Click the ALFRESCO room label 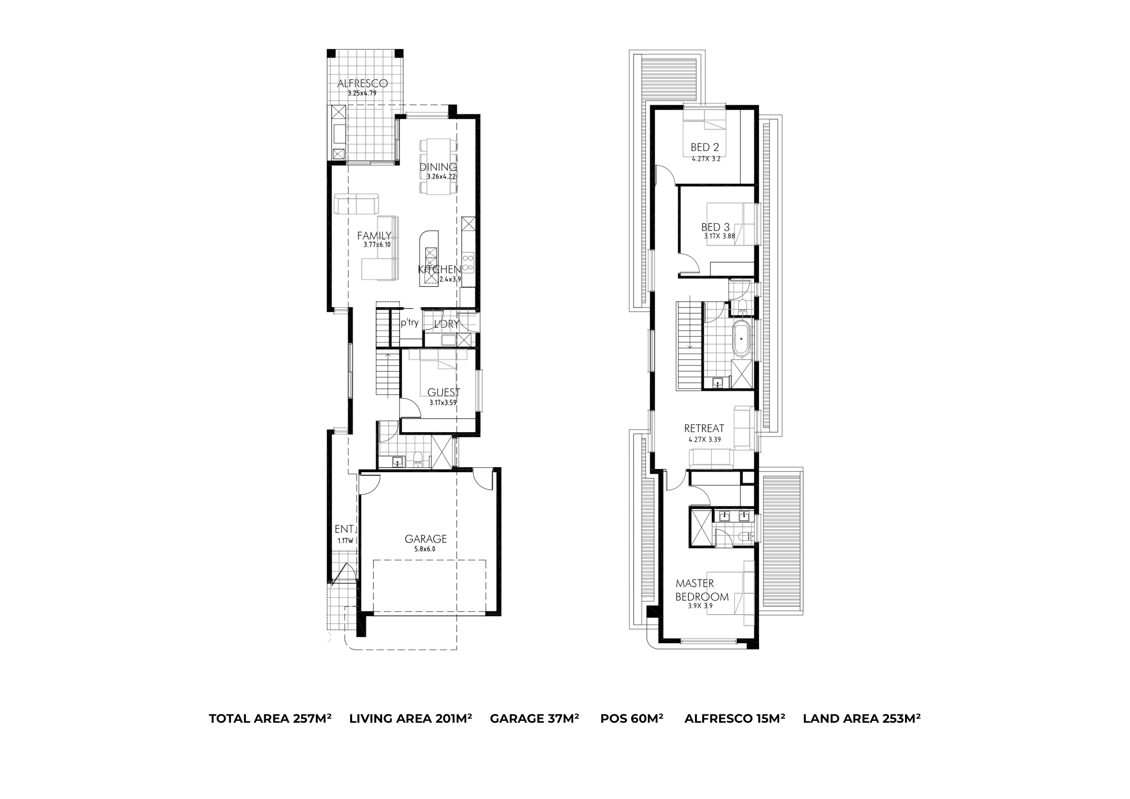[x=362, y=83]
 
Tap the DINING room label [x=438, y=167]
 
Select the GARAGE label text [x=426, y=539]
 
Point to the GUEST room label [x=443, y=392]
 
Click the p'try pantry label [x=410, y=323]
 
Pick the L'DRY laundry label [x=446, y=324]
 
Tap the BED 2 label [x=705, y=147]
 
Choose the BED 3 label [x=716, y=227]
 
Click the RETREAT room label [x=704, y=429]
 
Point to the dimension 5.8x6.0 [x=425, y=549]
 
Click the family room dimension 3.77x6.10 [x=377, y=244]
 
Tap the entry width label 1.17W [x=345, y=540]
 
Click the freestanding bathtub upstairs [x=741, y=338]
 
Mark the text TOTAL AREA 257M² [x=270, y=719]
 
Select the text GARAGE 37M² [x=535, y=719]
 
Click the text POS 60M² [x=632, y=719]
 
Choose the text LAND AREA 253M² [x=862, y=719]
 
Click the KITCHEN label [x=439, y=269]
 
